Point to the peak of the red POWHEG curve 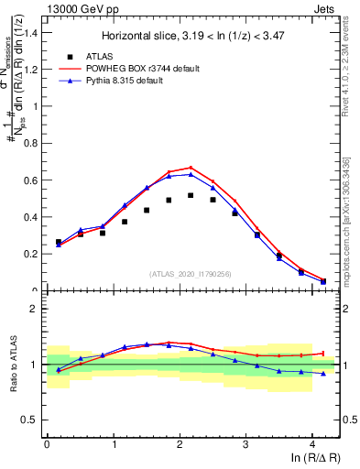point(191,168)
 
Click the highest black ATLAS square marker point(191,195)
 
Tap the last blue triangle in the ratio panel point(322,374)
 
